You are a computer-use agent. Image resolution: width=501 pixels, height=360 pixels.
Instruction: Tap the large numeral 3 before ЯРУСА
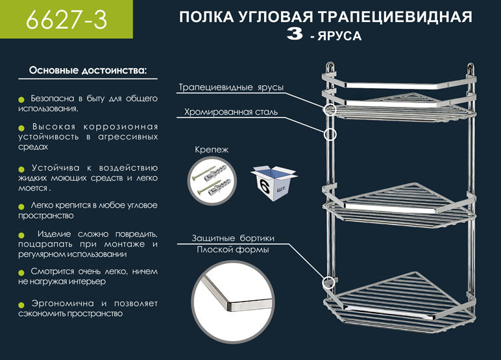point(294,36)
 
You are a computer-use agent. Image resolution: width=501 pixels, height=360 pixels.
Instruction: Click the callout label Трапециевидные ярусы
point(232,88)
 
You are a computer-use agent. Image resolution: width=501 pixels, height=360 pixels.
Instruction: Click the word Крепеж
point(212,150)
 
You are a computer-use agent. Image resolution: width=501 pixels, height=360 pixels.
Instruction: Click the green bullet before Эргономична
point(21,304)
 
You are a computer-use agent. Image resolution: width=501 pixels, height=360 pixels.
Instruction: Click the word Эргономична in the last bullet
point(59,304)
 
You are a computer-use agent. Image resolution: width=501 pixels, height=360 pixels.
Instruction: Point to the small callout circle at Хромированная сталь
point(330,134)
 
